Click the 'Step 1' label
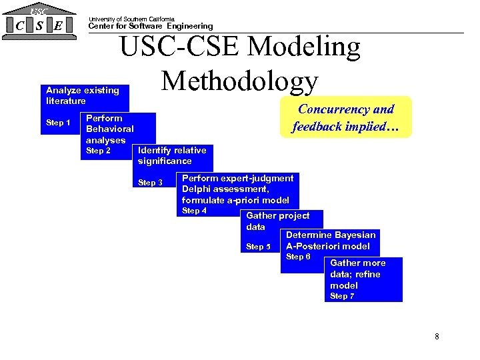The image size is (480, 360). click(58, 123)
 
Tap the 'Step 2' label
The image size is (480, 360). click(98, 151)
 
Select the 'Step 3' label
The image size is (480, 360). click(150, 183)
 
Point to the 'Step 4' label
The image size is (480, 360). click(194, 211)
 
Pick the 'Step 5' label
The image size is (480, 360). click(259, 247)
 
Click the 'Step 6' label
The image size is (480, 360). click(298, 257)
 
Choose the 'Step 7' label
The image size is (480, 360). click(343, 296)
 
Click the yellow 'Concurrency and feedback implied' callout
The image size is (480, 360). click(345, 117)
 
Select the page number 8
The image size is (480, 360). click(437, 336)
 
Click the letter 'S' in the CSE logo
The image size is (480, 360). click(41, 25)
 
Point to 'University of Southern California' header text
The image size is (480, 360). click(131, 19)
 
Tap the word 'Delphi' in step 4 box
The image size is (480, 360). click(196, 189)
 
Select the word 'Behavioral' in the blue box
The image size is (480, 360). click(110, 129)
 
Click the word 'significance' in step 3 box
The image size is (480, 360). click(165, 161)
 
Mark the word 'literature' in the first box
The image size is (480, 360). click(65, 101)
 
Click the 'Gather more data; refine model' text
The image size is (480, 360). click(358, 274)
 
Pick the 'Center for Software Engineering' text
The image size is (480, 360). click(151, 26)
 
